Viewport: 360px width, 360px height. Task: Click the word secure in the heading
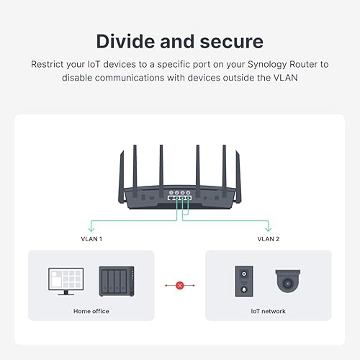[x=230, y=41]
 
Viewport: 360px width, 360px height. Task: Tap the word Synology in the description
[x=258, y=64]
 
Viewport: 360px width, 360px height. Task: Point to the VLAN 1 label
[x=91, y=238]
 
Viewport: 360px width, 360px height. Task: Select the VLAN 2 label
[x=269, y=238]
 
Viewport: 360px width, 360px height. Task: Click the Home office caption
[x=91, y=311]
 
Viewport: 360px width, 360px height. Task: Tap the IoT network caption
[x=269, y=311]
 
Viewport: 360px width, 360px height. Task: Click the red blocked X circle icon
[x=180, y=285]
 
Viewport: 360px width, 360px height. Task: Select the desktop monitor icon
[x=66, y=280]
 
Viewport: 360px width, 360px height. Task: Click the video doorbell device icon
[x=243, y=280]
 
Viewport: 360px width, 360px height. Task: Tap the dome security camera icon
[x=288, y=281]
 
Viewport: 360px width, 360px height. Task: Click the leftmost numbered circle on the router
[x=170, y=193]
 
